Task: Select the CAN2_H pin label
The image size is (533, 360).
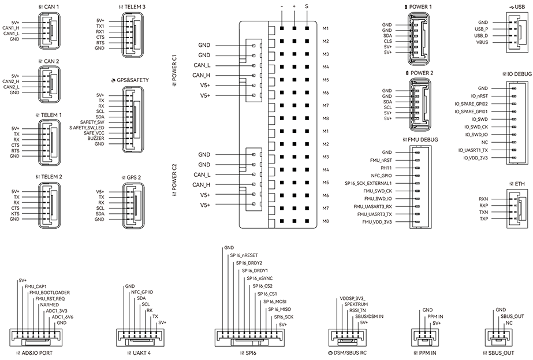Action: coord(11,81)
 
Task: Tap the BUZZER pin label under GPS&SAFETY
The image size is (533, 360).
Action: coord(96,139)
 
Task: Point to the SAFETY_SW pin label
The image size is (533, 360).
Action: coord(92,122)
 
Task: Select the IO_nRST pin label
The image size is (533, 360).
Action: coord(480,96)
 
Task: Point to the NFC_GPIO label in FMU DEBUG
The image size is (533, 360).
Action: coord(382,175)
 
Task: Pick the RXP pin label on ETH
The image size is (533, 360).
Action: coord(483,205)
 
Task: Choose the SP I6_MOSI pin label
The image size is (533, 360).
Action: coord(275,302)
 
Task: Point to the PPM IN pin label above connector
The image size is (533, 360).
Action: coord(435,317)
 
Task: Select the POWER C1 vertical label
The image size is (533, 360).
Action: coord(174,72)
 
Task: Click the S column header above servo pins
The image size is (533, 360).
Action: coord(306,6)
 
